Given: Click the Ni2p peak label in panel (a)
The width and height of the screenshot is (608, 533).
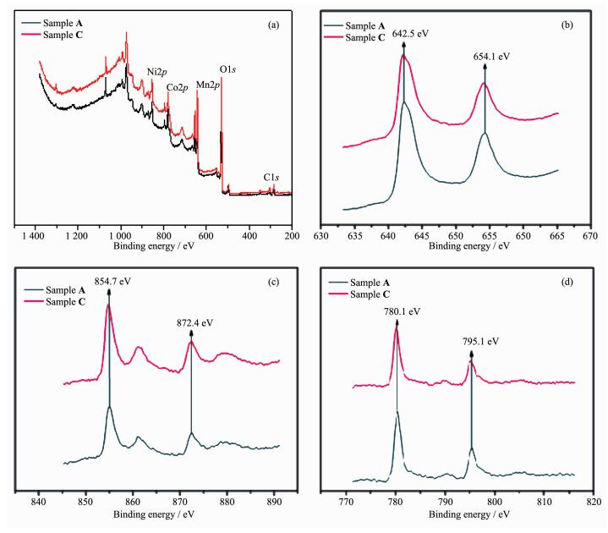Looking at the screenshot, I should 157,72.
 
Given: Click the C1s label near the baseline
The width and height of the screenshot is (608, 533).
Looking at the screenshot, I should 272,178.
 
